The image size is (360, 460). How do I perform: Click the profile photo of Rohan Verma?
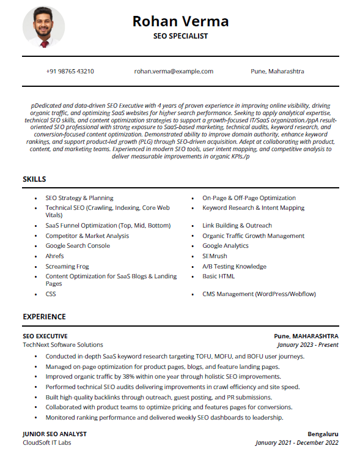43,28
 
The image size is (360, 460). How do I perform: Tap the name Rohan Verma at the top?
180,21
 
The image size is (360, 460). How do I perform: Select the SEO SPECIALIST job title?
180,36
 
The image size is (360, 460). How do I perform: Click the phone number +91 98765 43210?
70,72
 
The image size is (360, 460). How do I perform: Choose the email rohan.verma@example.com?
174,72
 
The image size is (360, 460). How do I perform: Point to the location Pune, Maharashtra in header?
277,72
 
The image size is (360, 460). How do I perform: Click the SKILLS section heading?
34,179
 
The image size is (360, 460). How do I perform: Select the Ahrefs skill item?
54,256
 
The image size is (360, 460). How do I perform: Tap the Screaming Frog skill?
67,267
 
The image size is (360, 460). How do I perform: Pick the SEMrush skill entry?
215,256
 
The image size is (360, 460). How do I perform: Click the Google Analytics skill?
226,246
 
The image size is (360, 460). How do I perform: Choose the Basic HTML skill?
218,276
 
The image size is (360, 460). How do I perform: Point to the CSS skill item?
51,294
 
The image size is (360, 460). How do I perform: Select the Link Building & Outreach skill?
237,226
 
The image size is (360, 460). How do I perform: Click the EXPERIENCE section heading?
44,317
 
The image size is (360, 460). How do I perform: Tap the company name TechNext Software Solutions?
63,345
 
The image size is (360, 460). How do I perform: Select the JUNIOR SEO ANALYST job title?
54,434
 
